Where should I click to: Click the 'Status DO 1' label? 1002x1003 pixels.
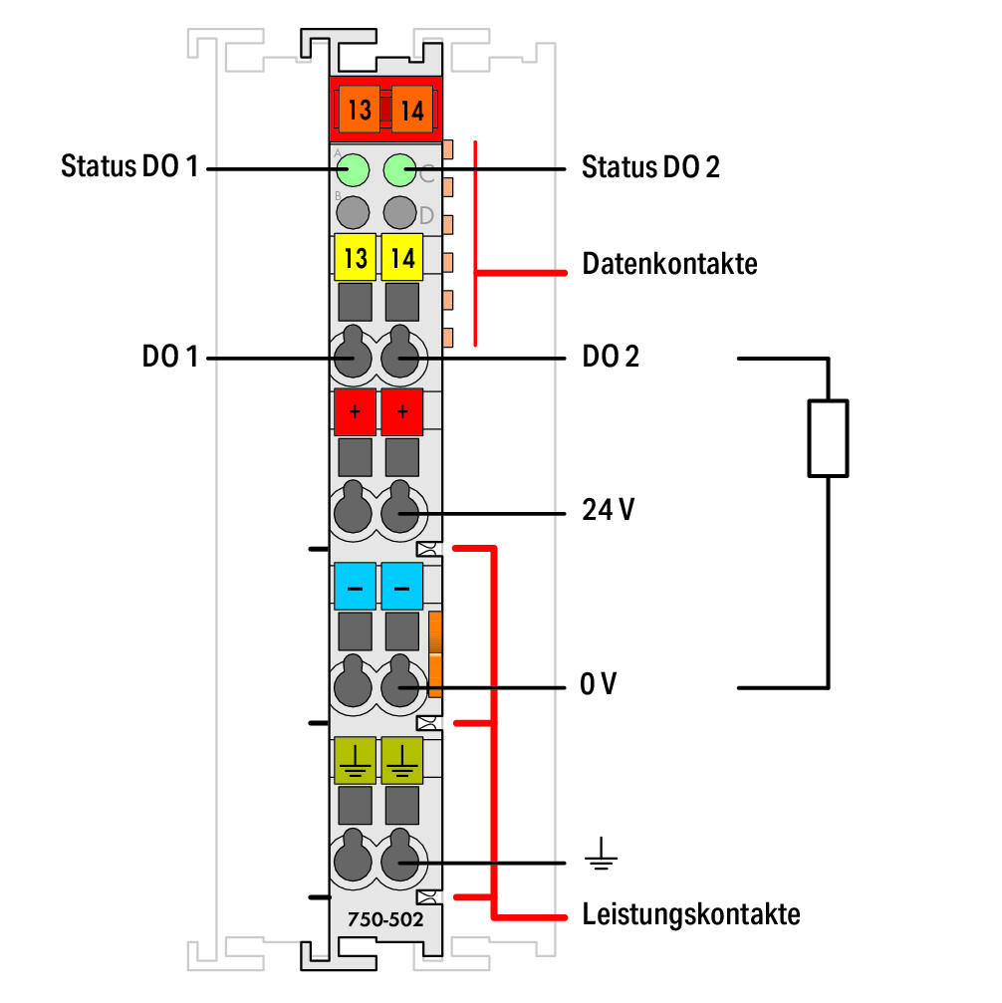[x=129, y=166]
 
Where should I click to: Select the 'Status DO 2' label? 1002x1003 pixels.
[x=650, y=167]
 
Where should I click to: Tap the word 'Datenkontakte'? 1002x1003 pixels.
[x=670, y=264]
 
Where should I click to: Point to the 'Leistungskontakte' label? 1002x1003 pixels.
[x=691, y=914]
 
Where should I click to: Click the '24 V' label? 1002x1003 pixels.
[x=608, y=510]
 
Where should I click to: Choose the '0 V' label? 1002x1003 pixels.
[x=599, y=684]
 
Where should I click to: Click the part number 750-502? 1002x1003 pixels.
[x=385, y=919]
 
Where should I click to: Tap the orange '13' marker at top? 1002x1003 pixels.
[x=359, y=110]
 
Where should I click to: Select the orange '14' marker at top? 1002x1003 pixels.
[x=412, y=110]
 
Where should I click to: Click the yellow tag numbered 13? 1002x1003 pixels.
[x=356, y=257]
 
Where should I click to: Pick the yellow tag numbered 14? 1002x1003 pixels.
[x=402, y=257]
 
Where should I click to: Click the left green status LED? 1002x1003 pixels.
[x=353, y=170]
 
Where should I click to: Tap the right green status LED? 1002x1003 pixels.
[x=400, y=170]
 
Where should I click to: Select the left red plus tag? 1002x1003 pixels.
[x=356, y=411]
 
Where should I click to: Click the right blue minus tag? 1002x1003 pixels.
[x=402, y=586]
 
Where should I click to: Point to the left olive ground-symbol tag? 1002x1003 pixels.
[x=356, y=761]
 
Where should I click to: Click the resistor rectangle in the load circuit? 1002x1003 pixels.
[x=828, y=438]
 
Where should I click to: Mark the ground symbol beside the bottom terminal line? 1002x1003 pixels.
[x=601, y=854]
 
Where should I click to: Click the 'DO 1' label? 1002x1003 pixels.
[x=170, y=357]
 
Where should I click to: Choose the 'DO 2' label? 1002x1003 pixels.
[x=611, y=357]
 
